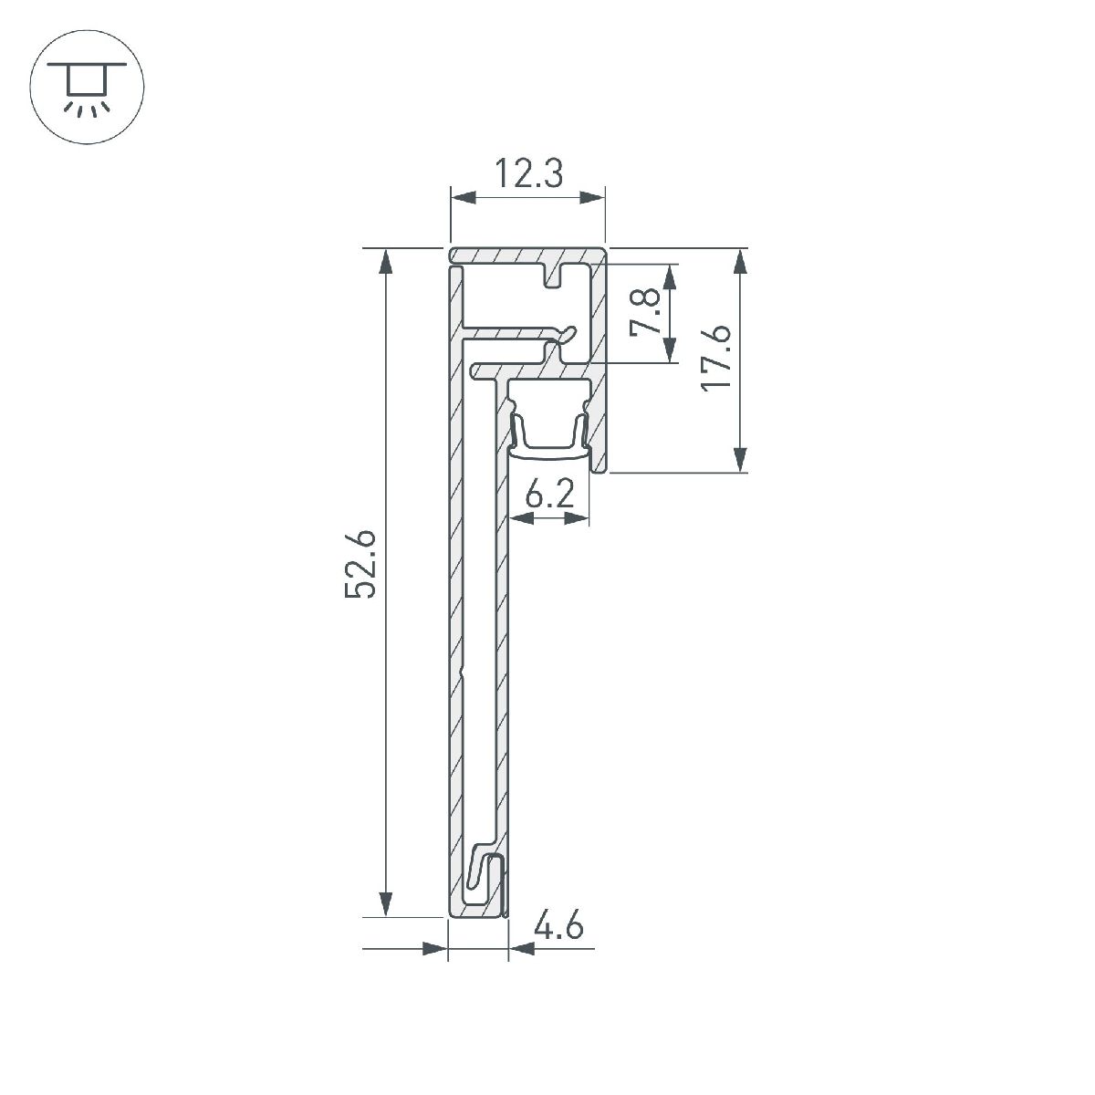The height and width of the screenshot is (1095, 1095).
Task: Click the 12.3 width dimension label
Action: [528, 172]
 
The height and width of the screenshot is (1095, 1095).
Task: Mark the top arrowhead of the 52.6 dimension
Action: [387, 261]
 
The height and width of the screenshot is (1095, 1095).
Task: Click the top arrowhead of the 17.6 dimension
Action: [740, 261]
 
